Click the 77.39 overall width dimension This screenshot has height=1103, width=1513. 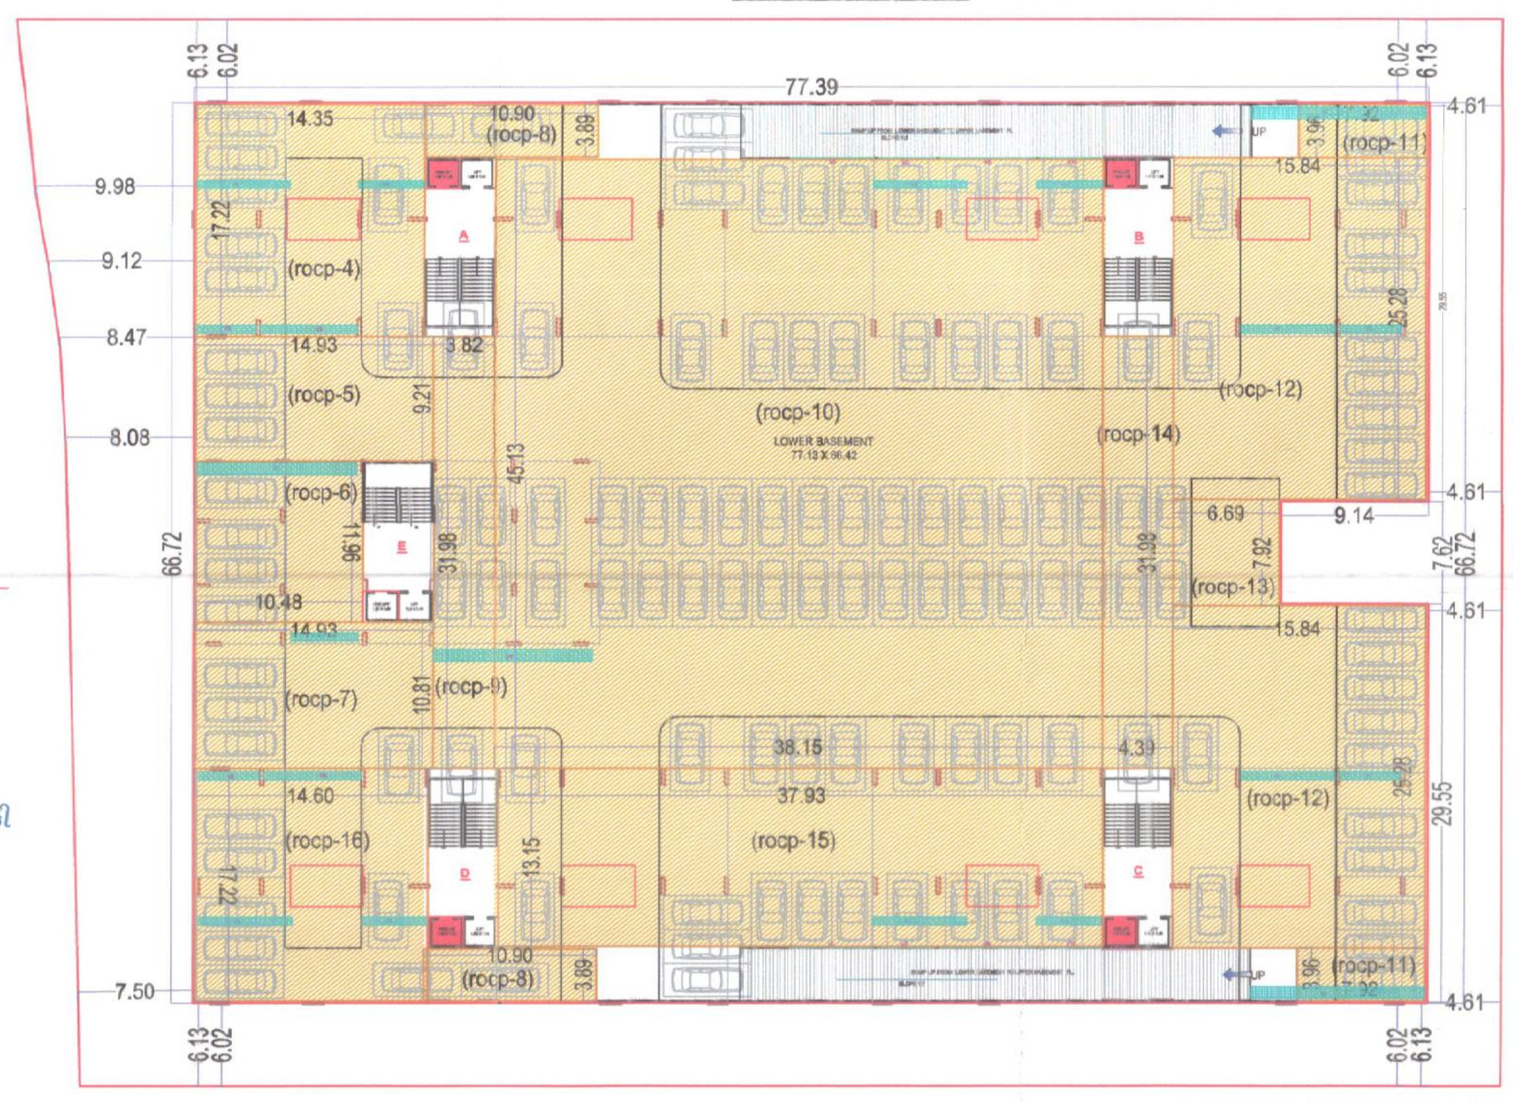(810, 87)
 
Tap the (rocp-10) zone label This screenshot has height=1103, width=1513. (797, 413)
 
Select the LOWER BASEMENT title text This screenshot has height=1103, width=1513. (823, 442)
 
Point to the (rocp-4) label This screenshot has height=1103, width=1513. (324, 269)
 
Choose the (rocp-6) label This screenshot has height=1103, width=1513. (321, 494)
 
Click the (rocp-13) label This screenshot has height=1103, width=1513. (1233, 587)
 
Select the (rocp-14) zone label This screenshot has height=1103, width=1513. (1138, 434)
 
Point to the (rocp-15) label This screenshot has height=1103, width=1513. (793, 841)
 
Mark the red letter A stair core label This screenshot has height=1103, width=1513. (463, 236)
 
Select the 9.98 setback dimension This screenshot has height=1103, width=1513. (114, 186)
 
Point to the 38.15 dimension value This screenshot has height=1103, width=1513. (797, 747)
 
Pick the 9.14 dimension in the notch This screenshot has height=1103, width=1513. (1354, 516)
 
